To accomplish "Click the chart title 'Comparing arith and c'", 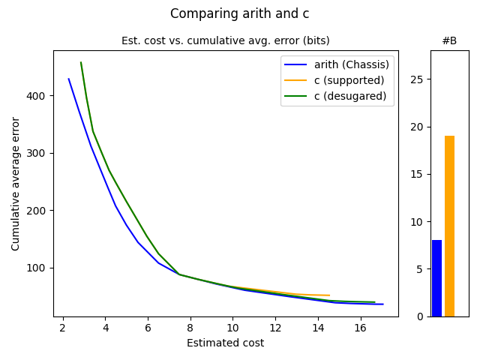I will coord(239,13).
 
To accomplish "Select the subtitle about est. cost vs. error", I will coord(225,40).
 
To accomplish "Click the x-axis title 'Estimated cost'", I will coord(225,343).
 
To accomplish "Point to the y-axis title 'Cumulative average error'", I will coord(16,183).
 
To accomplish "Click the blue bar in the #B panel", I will coord(436,278).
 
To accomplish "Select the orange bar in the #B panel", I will coord(449,226).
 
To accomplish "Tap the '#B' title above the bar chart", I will coord(449,40).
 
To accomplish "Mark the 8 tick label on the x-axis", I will coord(190,328).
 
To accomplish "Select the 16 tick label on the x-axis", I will coord(361,328).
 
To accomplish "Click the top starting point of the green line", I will coord(81,62).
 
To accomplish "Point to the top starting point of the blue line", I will coord(68,79).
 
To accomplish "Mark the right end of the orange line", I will coord(329,295).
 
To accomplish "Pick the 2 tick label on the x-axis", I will coord(62,328).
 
